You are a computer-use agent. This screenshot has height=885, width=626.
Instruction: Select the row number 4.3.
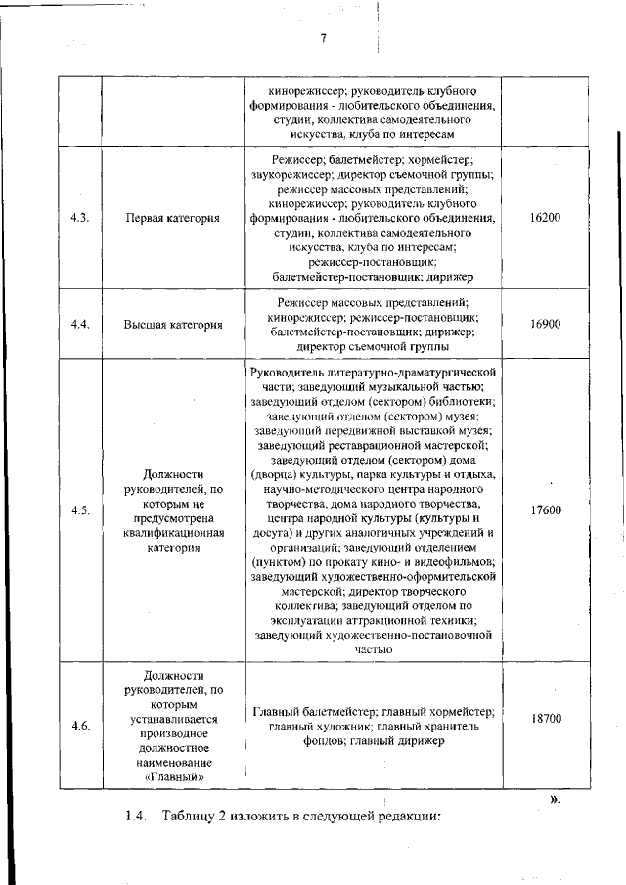(x=81, y=217)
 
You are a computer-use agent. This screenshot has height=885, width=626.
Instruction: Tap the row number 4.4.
(x=81, y=324)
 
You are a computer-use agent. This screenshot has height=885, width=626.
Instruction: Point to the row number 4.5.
(x=81, y=510)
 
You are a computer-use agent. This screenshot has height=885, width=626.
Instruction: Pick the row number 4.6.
(x=81, y=726)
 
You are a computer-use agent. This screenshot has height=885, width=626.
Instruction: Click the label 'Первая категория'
(x=172, y=218)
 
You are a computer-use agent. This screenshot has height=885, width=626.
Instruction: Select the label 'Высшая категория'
(x=172, y=325)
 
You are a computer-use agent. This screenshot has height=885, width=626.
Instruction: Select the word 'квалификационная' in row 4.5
(x=173, y=533)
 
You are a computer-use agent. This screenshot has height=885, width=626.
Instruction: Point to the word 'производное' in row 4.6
(x=173, y=732)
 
